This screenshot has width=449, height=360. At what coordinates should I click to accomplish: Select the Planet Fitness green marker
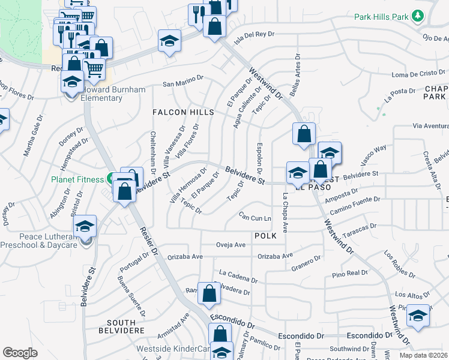click(110, 178)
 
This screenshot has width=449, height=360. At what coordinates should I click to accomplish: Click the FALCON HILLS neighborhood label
click(183, 112)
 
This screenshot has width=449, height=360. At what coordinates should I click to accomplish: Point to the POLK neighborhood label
click(265, 236)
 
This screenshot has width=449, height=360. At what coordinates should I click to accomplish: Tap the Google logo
click(19, 353)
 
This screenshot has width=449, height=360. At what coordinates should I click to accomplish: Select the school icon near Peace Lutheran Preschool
click(85, 227)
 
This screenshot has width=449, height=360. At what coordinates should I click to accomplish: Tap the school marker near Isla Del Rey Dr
click(169, 41)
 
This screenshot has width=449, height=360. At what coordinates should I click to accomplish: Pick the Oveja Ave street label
click(231, 245)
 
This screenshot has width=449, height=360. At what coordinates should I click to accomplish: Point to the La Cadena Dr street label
click(238, 276)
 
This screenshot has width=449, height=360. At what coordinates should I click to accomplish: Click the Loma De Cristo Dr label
click(418, 73)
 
